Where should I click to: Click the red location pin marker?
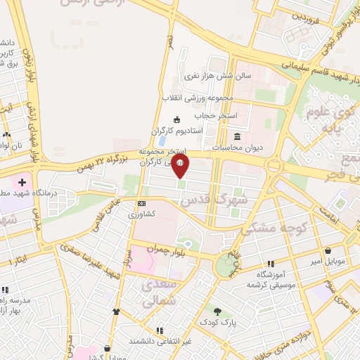181,166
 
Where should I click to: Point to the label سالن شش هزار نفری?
208,75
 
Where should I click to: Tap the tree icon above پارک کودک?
217,311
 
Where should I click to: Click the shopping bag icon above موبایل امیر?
328,251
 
